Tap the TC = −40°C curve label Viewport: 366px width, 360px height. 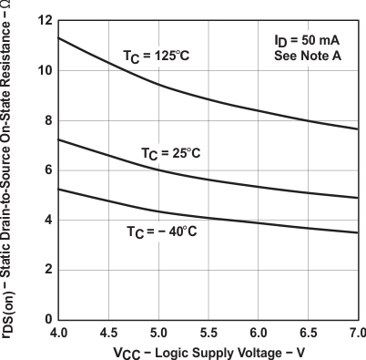point(161,231)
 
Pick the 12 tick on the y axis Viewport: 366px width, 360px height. point(44,21)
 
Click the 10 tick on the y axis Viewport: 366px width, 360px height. point(44,71)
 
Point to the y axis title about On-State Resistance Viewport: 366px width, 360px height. point(10,169)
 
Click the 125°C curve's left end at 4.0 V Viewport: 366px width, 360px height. point(59,37)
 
